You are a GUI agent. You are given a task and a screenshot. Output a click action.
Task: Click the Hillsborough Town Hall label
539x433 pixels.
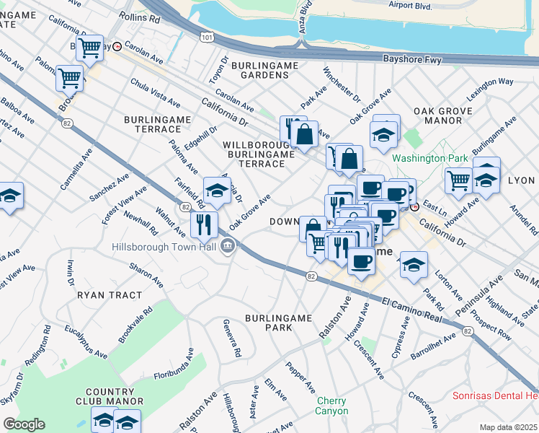[164, 247]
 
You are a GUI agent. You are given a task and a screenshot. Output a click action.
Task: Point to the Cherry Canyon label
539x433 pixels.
[331, 406]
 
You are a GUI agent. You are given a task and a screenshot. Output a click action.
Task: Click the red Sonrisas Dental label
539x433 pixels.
[495, 395]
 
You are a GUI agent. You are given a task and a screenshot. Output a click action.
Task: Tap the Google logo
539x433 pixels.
[24, 424]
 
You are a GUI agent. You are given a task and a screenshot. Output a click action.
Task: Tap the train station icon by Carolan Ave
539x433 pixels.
[117, 45]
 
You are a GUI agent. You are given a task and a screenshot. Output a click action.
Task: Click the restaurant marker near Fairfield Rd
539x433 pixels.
[204, 224]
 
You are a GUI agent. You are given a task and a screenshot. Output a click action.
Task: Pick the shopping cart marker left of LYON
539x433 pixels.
[458, 180]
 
